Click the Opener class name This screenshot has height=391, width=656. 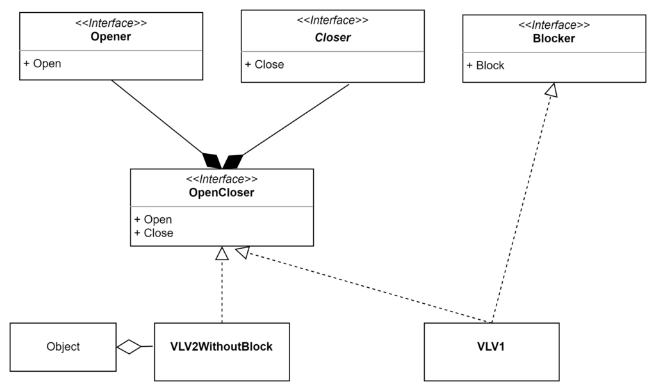tap(111, 37)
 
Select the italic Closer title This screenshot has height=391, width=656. tap(332, 38)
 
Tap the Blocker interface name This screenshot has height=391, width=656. tap(554, 38)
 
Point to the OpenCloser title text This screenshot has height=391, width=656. tap(221, 192)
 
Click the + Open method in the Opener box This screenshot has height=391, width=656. tap(42, 63)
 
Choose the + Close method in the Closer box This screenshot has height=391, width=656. tap(265, 65)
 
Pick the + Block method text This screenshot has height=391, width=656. tap(486, 66)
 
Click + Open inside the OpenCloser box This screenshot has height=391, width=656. tap(153, 220)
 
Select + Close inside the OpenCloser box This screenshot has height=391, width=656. tap(154, 233)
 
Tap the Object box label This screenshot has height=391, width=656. tap(63, 347)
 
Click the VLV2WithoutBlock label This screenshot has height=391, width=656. tap(221, 347)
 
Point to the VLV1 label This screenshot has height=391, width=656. tap(491, 347)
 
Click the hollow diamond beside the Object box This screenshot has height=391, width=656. tap(129, 347)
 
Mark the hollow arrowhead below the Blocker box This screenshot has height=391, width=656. tap(552, 90)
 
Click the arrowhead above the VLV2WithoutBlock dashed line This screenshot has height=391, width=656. tap(222, 253)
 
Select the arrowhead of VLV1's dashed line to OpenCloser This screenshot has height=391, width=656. tap(243, 252)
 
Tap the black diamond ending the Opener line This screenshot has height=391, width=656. tap(212, 161)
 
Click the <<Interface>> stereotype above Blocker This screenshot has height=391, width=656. tap(554, 25)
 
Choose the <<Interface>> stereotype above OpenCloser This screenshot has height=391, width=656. tap(222, 179)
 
